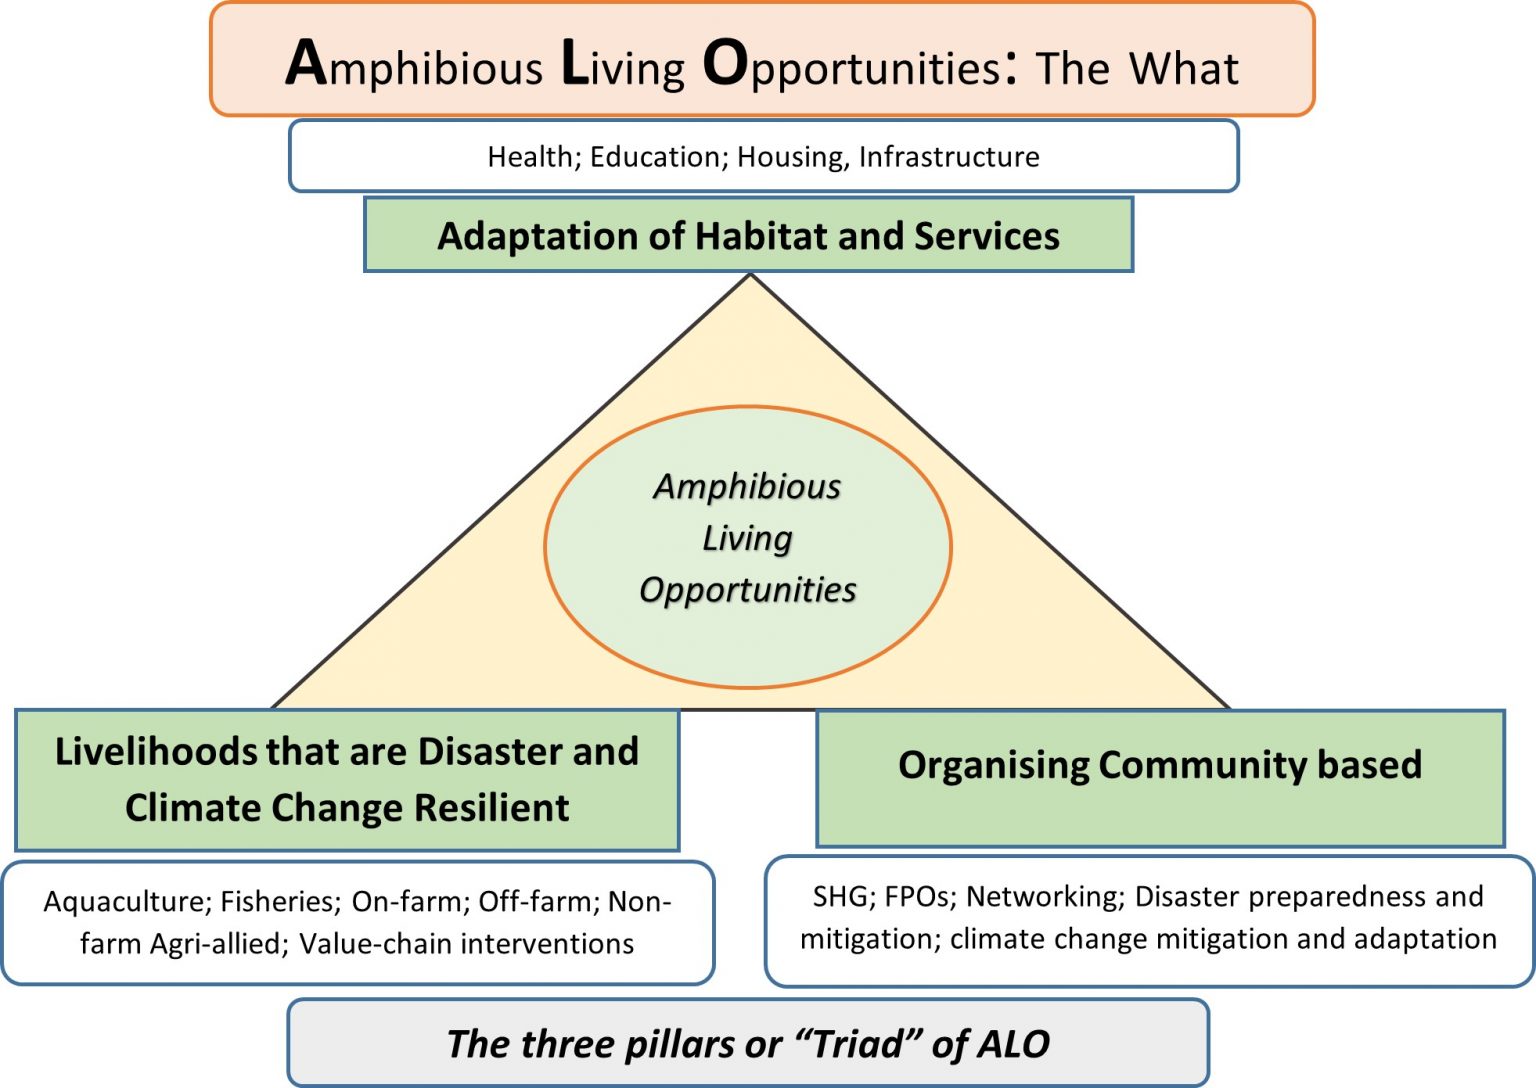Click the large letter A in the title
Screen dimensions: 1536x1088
pos(305,63)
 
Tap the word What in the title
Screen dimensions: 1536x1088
pos(1184,69)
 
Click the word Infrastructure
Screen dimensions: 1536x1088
pos(949,156)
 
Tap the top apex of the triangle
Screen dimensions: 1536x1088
pos(751,274)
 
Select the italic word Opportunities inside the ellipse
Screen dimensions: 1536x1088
pos(747,590)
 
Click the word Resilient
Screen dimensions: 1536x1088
pos(492,807)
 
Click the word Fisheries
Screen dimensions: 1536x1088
pos(280,902)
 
